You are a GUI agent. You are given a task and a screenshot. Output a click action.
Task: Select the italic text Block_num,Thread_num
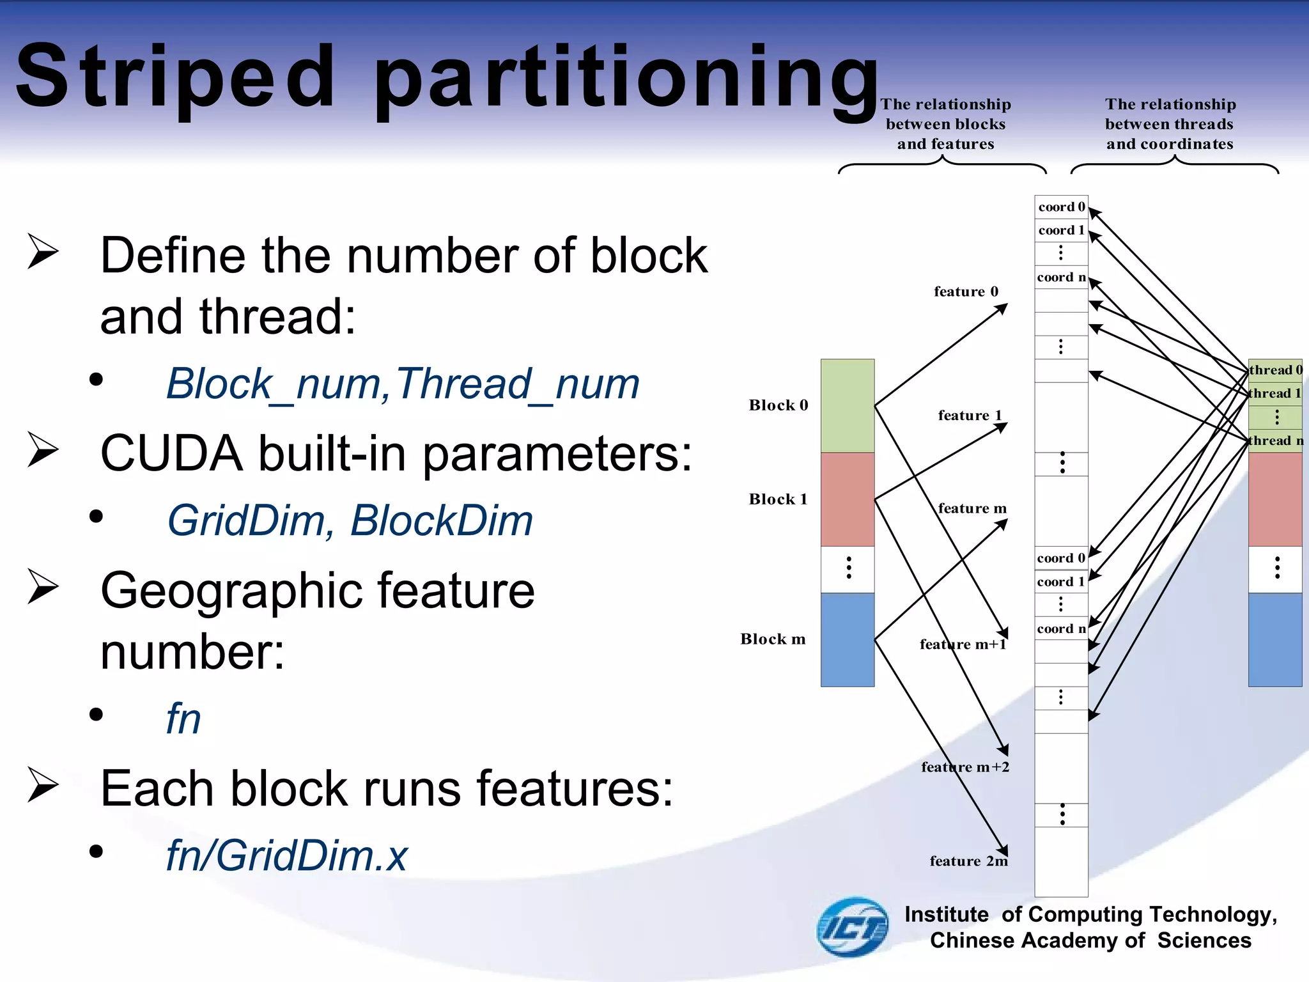click(403, 384)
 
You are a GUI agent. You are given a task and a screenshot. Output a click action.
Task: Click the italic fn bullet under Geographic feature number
click(183, 719)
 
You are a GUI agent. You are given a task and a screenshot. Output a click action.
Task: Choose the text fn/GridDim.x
click(286, 855)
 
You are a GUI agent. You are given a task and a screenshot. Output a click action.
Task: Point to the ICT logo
click(853, 927)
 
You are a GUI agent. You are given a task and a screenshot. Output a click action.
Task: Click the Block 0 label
click(778, 405)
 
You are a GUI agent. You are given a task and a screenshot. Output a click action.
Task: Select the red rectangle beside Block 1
click(848, 499)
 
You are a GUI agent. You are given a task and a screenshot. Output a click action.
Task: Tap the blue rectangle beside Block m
click(848, 639)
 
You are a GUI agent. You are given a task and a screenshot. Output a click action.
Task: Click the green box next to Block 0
click(848, 405)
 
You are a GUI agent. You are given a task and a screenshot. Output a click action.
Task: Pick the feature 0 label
click(966, 292)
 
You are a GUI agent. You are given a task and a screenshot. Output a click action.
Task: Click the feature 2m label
click(968, 861)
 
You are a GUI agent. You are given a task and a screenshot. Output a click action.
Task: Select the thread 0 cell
click(1275, 370)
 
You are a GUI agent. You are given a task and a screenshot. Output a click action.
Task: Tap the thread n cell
click(1275, 440)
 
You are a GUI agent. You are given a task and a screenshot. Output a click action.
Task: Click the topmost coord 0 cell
click(1061, 207)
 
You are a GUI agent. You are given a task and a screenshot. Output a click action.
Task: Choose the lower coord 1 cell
click(1061, 582)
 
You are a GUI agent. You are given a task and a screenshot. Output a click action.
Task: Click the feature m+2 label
click(965, 767)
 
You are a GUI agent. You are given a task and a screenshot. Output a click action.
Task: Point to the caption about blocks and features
click(945, 124)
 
